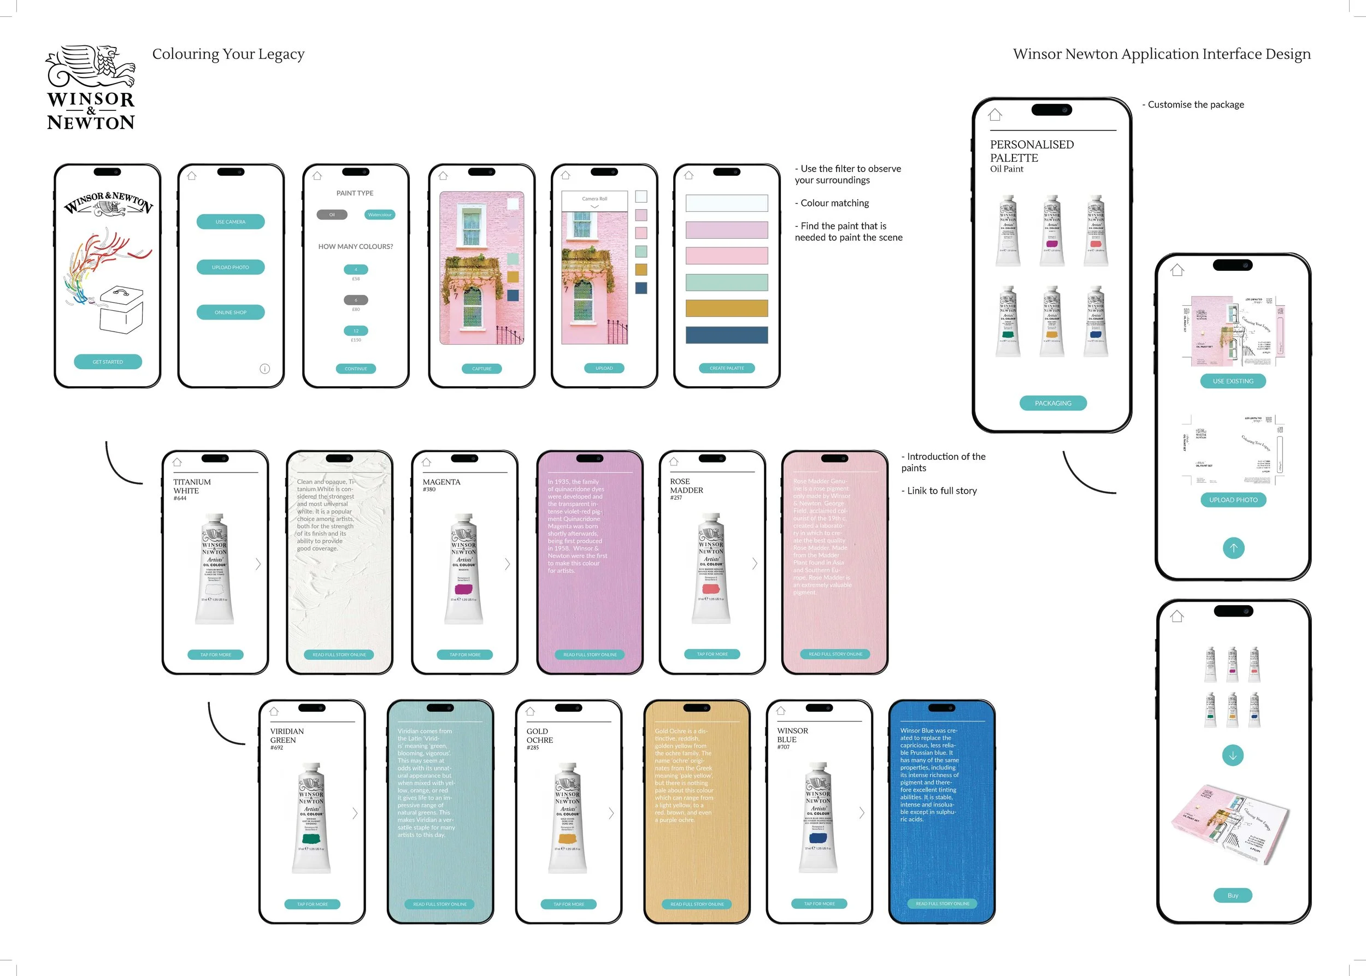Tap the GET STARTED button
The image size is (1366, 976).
108,362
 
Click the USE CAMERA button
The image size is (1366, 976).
230,222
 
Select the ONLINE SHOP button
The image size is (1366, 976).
230,312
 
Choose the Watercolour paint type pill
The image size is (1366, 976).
379,215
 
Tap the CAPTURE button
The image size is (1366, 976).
481,369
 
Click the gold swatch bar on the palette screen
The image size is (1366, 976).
726,308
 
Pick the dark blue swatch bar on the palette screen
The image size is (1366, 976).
726,335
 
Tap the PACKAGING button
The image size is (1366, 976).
1053,403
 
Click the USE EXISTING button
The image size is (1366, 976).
1233,381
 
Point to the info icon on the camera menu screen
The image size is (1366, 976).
264,369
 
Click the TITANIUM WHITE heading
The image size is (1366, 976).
192,486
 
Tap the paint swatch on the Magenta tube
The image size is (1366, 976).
463,589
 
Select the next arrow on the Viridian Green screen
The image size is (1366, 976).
355,813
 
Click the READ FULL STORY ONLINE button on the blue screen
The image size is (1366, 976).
942,904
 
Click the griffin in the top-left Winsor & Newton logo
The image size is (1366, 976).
93,66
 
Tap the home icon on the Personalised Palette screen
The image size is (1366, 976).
995,114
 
